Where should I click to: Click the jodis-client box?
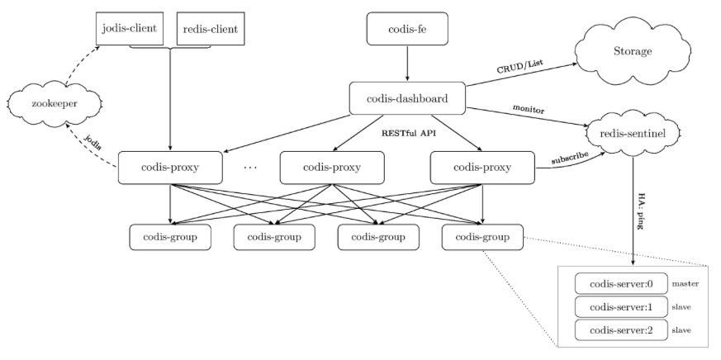[129, 29]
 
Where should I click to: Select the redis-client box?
[210, 29]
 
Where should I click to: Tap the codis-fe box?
[407, 29]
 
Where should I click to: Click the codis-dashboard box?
[407, 98]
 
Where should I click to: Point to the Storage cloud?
[633, 51]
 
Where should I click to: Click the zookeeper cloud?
[55, 104]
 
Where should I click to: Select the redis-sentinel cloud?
[633, 133]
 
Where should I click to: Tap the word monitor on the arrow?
[529, 110]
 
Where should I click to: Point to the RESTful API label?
[408, 134]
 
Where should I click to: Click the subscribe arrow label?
[570, 157]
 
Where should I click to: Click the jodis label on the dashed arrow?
[92, 143]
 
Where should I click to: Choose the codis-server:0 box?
[621, 284]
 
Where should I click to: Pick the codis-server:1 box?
[621, 306]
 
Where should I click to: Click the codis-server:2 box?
[621, 329]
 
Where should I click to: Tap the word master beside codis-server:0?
[685, 284]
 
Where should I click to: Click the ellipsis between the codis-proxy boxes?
[250, 168]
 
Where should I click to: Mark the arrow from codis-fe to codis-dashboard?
[407, 64]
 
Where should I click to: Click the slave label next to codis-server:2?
[681, 330]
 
